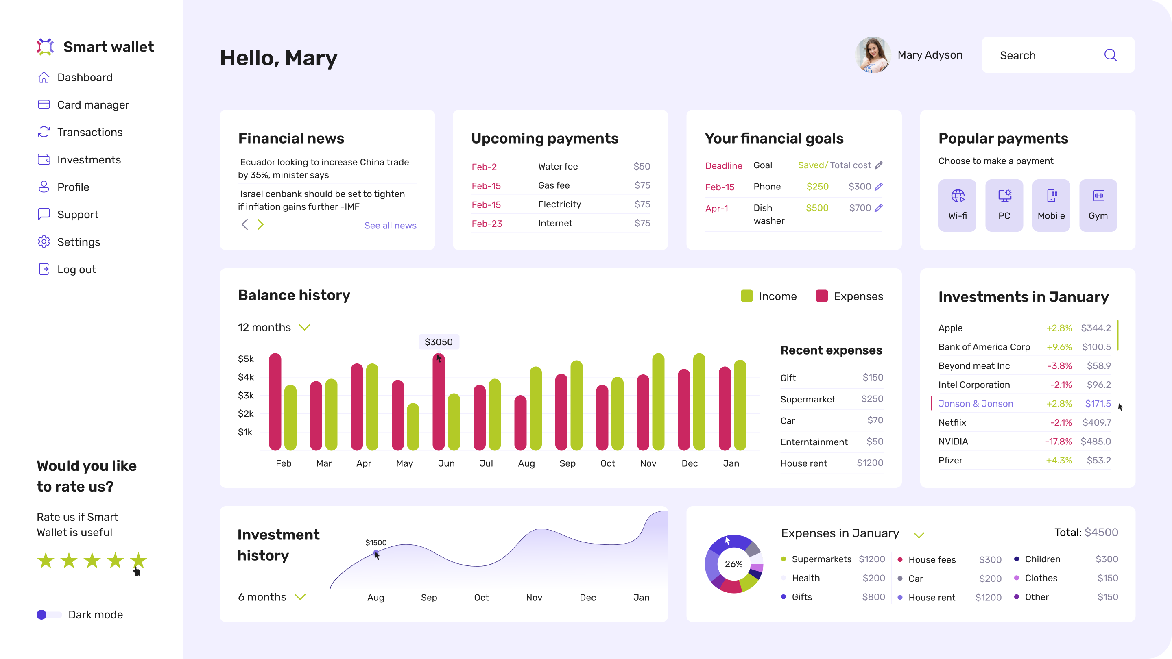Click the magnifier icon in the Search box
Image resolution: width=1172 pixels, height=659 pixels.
pyautogui.click(x=1110, y=55)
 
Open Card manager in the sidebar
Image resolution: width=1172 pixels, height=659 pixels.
pyautogui.click(x=93, y=104)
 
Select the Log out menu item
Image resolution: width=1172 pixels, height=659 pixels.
pyautogui.click(x=76, y=269)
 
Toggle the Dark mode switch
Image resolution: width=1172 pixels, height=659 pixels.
pyautogui.click(x=49, y=614)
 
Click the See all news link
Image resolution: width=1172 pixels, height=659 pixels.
pyautogui.click(x=390, y=226)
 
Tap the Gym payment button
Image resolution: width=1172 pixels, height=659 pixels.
pyautogui.click(x=1098, y=205)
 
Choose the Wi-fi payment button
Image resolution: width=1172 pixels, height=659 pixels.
pyautogui.click(x=957, y=205)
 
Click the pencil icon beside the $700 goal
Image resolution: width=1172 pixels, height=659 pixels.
pyautogui.click(x=879, y=208)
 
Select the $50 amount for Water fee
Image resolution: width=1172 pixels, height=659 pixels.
pyautogui.click(x=642, y=166)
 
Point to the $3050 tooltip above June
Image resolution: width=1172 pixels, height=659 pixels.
pyautogui.click(x=439, y=342)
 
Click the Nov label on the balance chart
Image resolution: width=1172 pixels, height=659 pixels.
pyautogui.click(x=648, y=463)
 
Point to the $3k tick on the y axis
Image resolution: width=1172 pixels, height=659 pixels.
pyautogui.click(x=246, y=395)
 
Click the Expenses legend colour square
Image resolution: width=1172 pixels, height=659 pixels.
pyautogui.click(x=822, y=296)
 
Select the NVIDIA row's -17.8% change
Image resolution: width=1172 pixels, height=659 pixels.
pyautogui.click(x=1058, y=441)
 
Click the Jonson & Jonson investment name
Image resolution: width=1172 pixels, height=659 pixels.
pyautogui.click(x=976, y=403)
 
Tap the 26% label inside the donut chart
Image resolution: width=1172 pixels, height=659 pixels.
pyautogui.click(x=733, y=564)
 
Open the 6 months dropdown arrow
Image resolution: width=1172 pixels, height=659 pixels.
pyautogui.click(x=300, y=597)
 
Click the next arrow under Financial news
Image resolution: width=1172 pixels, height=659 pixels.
pyautogui.click(x=260, y=224)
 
